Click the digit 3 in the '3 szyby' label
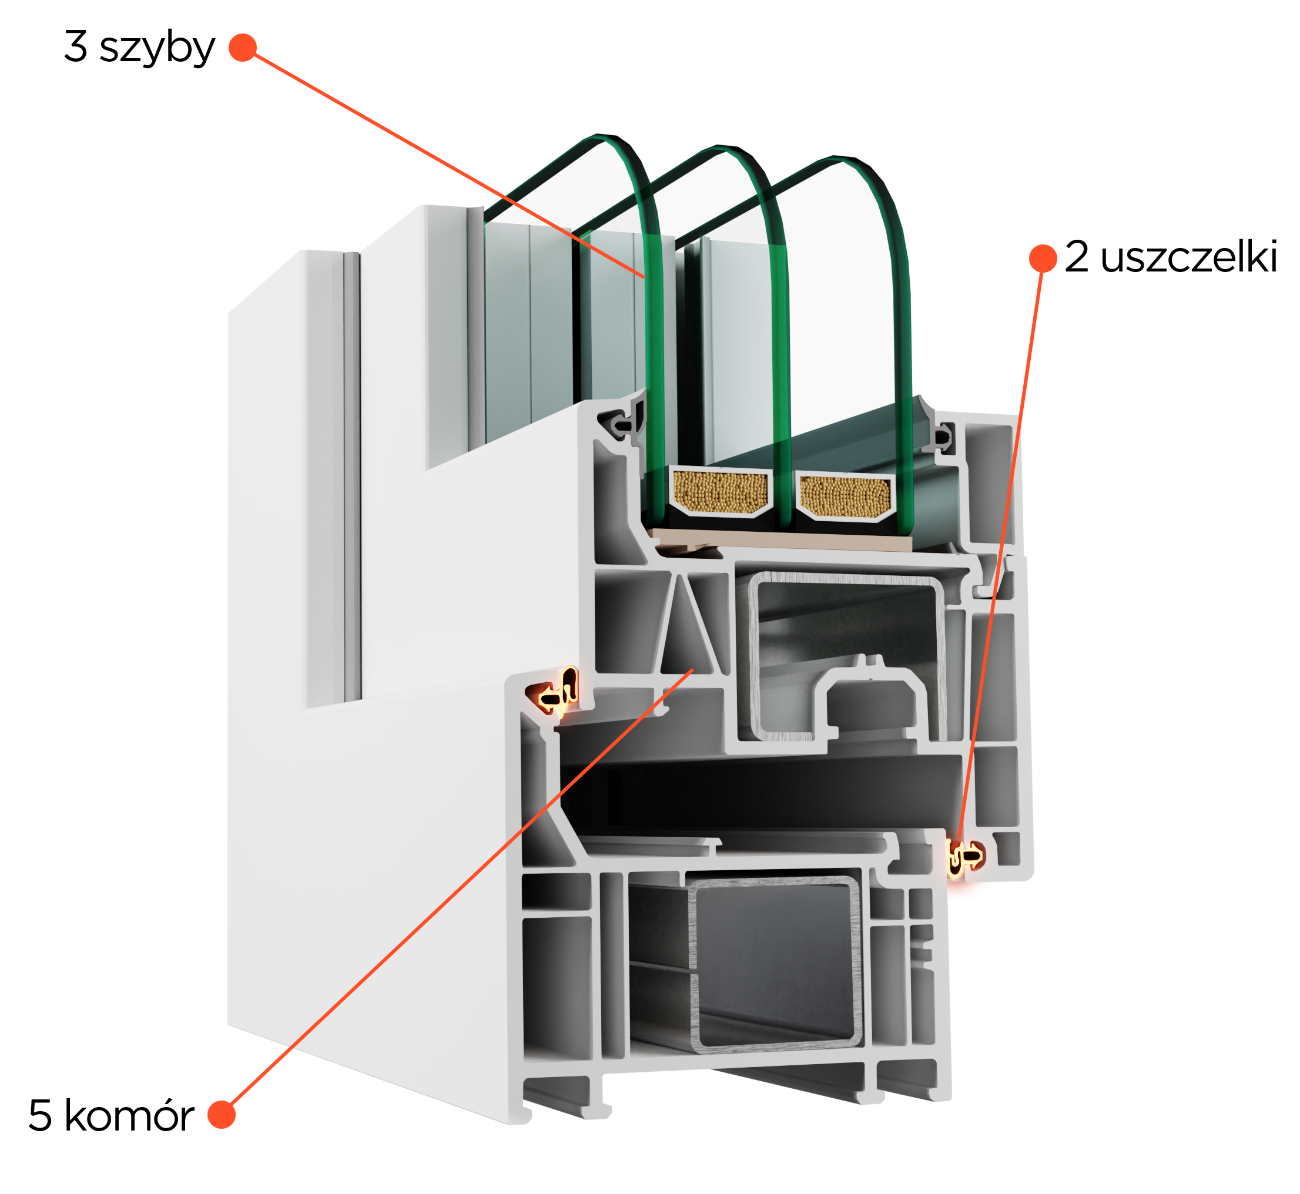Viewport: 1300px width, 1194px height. [76, 46]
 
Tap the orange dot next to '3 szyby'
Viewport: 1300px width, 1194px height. [243, 48]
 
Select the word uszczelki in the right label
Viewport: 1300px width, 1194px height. [1189, 257]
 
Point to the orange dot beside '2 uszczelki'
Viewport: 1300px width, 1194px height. [1043, 259]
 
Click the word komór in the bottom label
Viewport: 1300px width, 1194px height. [129, 1116]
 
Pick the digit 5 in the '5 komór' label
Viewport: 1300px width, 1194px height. [40, 1116]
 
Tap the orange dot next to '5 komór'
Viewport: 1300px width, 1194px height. [222, 1115]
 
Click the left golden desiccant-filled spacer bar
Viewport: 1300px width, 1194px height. [721, 492]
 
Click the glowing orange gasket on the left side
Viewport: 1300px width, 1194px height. [555, 692]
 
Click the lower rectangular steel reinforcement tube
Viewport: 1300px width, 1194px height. [776, 961]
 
